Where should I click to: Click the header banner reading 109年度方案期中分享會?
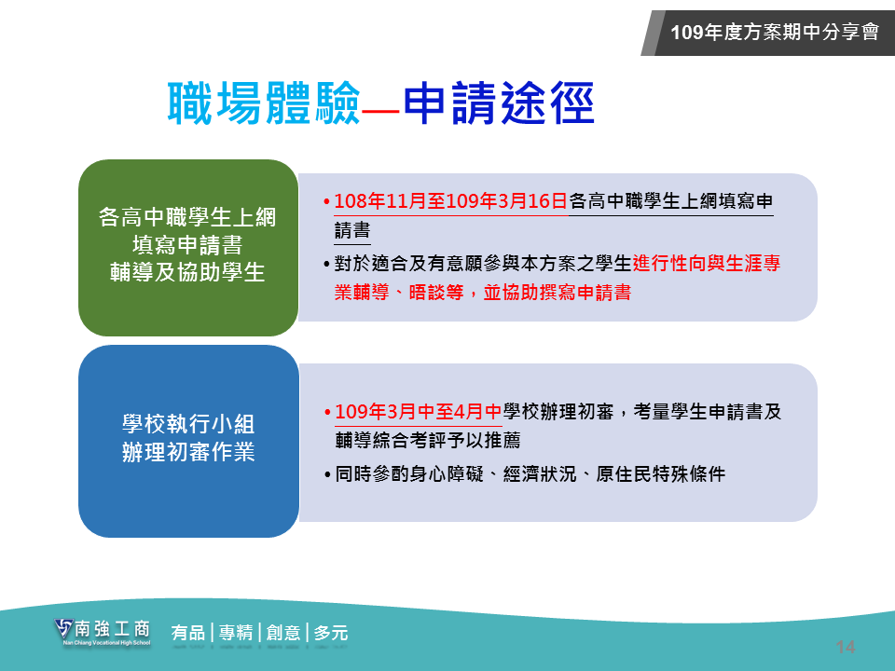767,33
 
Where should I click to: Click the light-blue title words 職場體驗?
264,103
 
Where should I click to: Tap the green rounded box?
188,248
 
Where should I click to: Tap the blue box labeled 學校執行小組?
188,441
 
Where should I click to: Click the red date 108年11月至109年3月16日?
450,201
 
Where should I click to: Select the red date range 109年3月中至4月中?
419,411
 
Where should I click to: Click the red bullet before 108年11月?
326,202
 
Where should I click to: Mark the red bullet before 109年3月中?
327,412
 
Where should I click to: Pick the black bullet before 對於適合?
326,264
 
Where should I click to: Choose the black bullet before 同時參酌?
327,474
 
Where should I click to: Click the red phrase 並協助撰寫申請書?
558,293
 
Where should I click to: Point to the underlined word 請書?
352,230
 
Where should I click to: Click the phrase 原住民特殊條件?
661,474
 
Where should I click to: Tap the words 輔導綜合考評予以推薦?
428,440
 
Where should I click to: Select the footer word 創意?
283,633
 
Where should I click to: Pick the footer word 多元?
331,633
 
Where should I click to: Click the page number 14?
846,647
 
